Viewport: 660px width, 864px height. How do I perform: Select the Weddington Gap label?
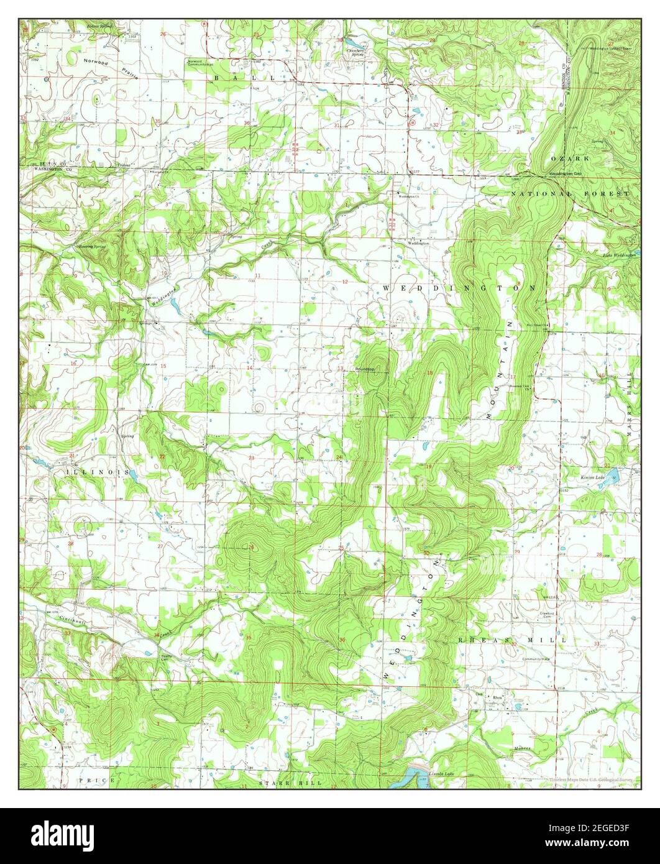pyautogui.click(x=565, y=173)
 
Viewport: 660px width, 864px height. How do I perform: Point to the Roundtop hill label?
pyautogui.click(x=365, y=369)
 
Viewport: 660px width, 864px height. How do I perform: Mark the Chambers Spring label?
pyautogui.click(x=355, y=52)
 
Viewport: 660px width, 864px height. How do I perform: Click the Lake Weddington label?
pyautogui.click(x=619, y=255)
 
